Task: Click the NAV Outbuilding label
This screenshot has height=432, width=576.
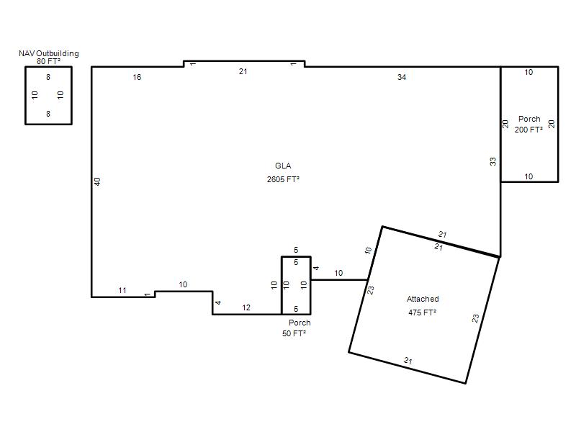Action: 49,53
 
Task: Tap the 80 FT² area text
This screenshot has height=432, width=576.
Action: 48,61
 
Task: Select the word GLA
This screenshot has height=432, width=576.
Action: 283,166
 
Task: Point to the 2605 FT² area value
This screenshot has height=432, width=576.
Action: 283,179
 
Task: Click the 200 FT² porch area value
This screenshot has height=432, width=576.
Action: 528,130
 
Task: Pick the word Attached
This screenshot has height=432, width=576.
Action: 423,299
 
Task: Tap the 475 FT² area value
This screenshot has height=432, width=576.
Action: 423,312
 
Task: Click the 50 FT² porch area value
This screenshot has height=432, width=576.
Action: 294,333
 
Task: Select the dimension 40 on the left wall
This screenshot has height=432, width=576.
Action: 97,181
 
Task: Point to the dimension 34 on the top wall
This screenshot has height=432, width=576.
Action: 402,77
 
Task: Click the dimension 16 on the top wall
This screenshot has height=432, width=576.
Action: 137,77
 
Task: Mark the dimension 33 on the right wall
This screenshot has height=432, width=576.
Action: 492,161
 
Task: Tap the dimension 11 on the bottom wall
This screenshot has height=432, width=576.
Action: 122,290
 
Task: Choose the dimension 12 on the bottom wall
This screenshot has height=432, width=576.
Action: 246,307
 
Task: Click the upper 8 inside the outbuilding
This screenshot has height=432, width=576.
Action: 48,77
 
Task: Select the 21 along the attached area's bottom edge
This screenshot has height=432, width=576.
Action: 408,361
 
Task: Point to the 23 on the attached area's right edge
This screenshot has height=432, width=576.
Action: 475,318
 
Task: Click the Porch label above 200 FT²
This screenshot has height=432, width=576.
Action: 529,119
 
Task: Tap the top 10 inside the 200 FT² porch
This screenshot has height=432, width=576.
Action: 528,72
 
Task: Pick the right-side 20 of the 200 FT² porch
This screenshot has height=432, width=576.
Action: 552,124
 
